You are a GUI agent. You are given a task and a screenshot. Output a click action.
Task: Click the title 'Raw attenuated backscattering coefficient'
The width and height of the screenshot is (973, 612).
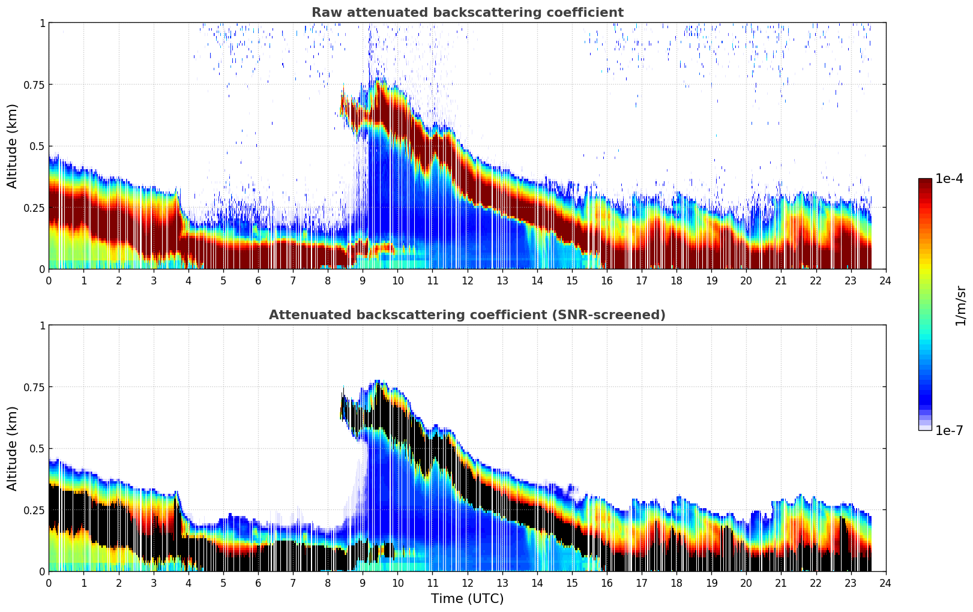coord(467,13)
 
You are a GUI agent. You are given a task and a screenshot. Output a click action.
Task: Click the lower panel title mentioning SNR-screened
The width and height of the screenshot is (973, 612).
coord(467,315)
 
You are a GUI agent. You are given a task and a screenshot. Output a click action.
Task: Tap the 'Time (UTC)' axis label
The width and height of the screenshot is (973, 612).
coord(467,599)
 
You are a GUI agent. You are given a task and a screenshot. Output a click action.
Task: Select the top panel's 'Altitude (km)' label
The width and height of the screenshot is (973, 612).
coord(13,146)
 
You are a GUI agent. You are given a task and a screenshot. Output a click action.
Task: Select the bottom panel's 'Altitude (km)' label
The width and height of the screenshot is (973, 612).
coord(13,448)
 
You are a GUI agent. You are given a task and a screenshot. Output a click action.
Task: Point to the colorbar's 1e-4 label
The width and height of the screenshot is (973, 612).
coord(949,179)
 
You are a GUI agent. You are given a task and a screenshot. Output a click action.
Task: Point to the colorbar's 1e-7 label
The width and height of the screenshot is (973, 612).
coord(949,430)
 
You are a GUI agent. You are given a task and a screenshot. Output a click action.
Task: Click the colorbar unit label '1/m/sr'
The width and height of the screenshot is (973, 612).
coord(960,306)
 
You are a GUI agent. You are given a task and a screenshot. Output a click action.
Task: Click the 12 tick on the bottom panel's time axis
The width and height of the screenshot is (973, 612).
coord(468,583)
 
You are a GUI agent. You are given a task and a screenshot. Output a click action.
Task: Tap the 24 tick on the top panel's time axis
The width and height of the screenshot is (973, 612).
coord(885,280)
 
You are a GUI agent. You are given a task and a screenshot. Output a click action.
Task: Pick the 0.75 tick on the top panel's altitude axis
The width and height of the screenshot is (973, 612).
coord(34,85)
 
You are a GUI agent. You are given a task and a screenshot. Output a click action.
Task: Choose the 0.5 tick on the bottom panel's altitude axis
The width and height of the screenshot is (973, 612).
coord(37,448)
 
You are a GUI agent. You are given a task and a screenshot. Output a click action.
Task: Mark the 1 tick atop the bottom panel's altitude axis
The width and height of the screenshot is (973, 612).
coord(42,326)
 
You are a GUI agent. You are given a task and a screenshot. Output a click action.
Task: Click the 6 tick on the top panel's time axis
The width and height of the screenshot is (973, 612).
coord(258,280)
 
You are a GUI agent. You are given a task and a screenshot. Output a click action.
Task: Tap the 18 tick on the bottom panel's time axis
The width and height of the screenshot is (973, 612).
coord(676,583)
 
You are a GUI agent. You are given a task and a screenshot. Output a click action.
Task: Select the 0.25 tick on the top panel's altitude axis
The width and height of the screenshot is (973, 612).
coord(34,208)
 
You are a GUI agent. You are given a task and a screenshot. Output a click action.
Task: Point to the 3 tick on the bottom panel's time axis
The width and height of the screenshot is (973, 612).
coord(154,583)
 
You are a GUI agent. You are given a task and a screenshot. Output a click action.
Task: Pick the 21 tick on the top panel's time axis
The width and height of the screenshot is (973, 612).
coord(781,280)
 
